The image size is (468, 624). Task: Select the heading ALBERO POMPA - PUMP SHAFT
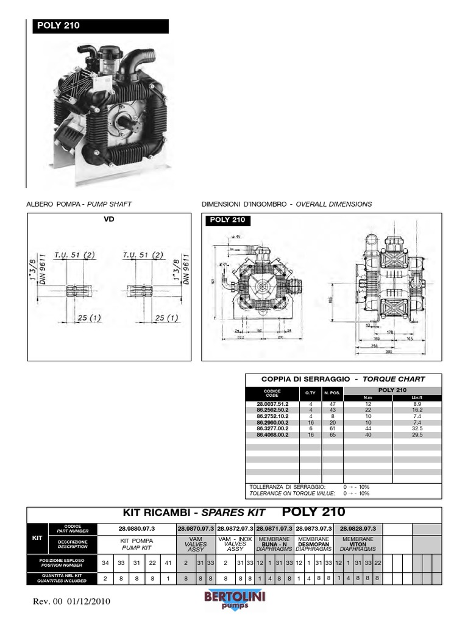coord(79,204)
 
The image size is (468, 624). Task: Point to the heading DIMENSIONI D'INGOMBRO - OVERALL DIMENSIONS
coord(286,204)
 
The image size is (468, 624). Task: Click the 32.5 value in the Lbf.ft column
coord(417,428)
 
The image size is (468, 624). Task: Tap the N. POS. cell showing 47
coord(333,404)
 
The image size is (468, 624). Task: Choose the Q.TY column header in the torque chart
coord(310,393)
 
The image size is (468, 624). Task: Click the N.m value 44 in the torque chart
coord(368,428)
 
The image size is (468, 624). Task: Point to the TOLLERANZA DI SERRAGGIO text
coord(288,487)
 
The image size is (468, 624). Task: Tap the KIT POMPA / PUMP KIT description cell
coord(137,544)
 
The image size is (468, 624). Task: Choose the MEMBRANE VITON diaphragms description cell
coord(358,544)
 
